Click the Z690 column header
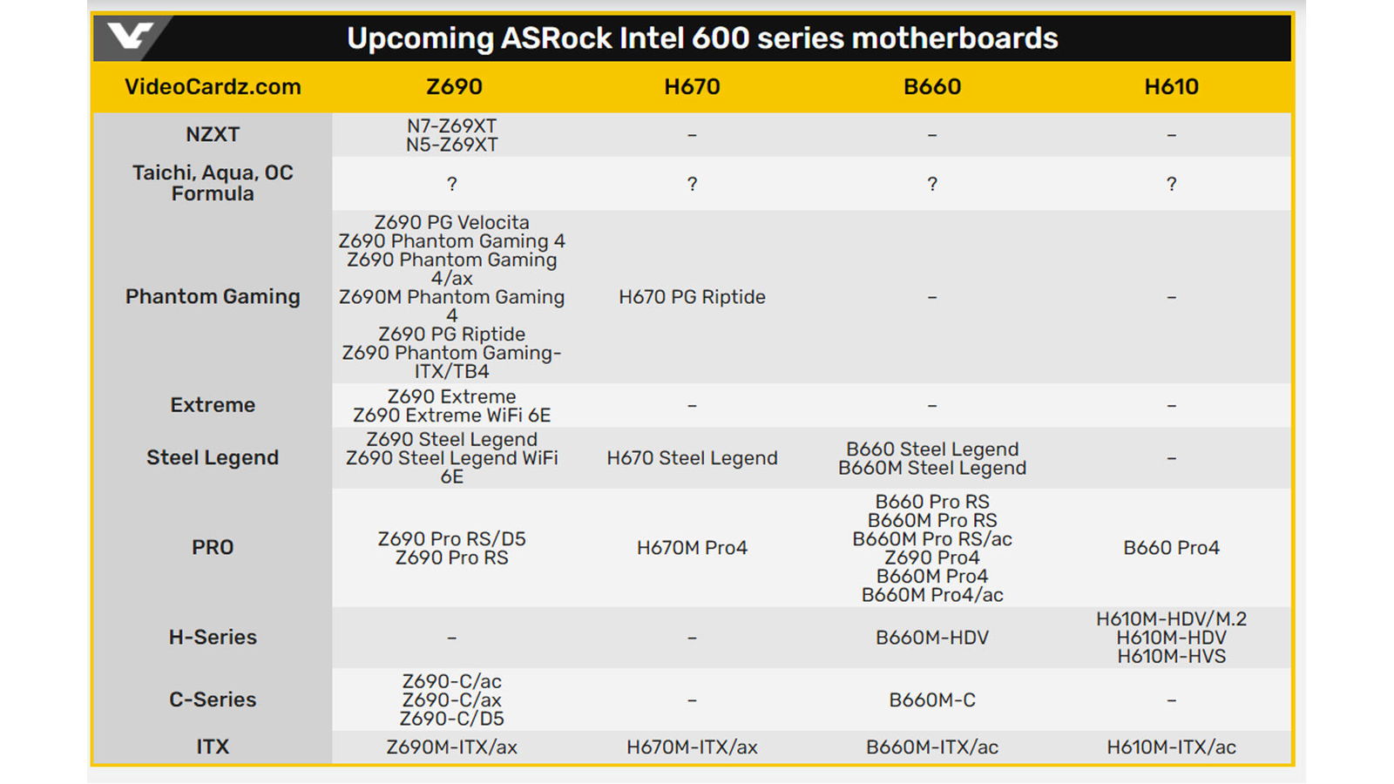(454, 86)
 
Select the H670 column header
(692, 86)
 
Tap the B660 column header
(932, 86)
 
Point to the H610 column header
(1171, 86)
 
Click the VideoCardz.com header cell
(213, 86)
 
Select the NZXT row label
(213, 134)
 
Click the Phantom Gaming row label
(213, 296)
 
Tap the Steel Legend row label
(213, 457)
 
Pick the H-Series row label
(213, 637)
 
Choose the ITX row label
(213, 747)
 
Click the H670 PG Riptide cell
(692, 297)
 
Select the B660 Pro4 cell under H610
(1171, 548)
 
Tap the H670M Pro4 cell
(692, 548)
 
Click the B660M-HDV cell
(932, 638)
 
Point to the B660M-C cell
(932, 700)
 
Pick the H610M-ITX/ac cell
(1171, 747)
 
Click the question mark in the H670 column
(692, 184)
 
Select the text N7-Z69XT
(452, 125)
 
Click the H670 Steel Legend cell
(692, 458)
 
